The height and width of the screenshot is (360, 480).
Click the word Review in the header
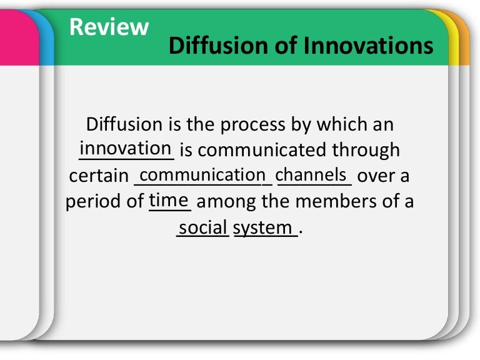[109, 27]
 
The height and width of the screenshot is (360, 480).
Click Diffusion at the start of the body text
[125, 124]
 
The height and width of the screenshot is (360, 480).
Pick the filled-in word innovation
[126, 149]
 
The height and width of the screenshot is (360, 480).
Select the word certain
[98, 176]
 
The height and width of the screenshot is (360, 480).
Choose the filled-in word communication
[203, 174]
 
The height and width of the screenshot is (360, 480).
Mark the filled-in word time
[169, 200]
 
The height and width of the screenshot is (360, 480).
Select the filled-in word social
[203, 227]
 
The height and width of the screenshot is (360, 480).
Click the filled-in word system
[262, 228]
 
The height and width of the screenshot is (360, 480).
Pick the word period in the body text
[96, 202]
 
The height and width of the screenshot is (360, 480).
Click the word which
[343, 124]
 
